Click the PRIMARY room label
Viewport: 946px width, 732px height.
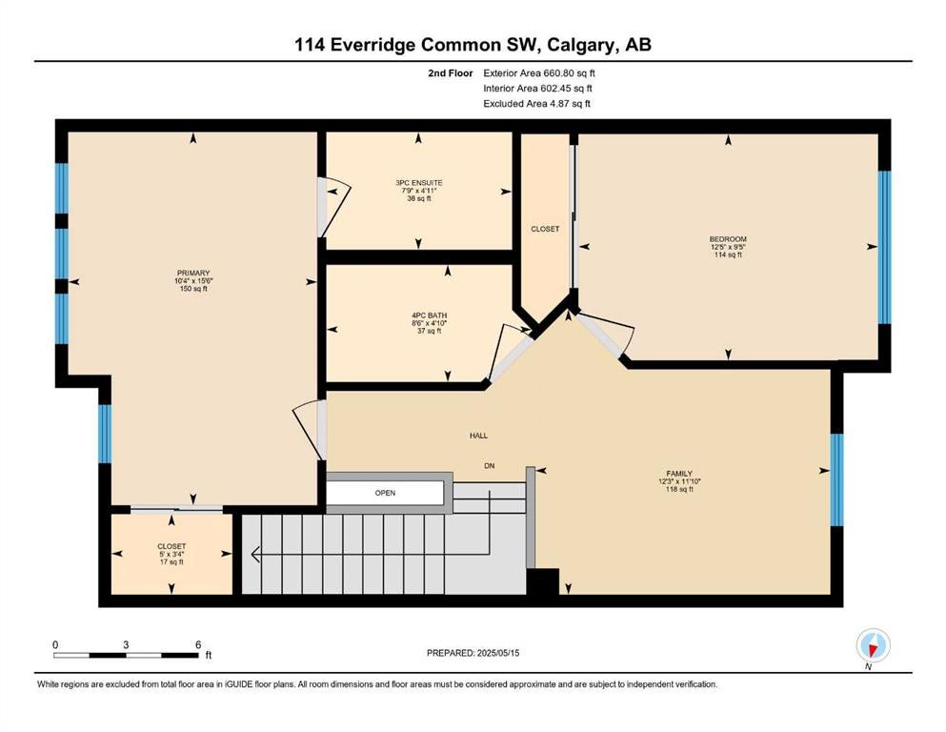click(193, 273)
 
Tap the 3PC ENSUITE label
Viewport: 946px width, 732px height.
click(419, 183)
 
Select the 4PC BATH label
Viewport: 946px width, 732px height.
click(429, 315)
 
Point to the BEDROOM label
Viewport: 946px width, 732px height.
click(728, 239)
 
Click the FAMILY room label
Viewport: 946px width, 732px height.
click(678, 474)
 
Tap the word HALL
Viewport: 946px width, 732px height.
click(478, 435)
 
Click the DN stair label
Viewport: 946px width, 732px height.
click(490, 466)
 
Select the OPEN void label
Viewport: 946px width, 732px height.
click(385, 493)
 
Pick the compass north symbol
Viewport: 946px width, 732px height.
click(873, 645)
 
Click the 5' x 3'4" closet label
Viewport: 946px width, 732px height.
click(171, 554)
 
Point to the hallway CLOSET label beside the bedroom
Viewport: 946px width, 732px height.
click(545, 230)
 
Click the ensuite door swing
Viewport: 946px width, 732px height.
click(334, 207)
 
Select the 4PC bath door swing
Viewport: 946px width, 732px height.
click(509, 352)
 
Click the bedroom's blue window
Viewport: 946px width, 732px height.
click(884, 248)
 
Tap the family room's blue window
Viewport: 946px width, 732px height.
click(836, 479)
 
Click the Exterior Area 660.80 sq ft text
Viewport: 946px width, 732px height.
click(539, 73)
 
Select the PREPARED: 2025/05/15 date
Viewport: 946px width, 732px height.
click(473, 653)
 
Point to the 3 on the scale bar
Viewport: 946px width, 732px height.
click(126, 644)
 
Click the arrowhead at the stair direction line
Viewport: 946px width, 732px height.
click(254, 554)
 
